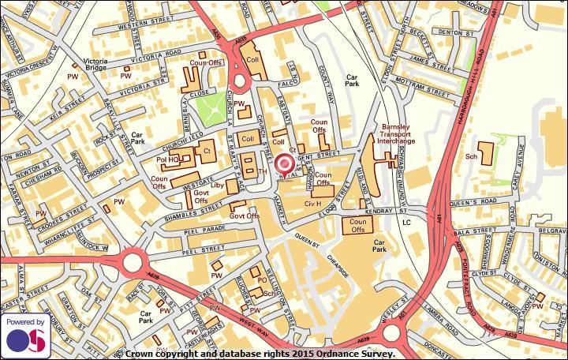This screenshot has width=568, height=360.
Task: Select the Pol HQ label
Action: pyautogui.click(x=167, y=159)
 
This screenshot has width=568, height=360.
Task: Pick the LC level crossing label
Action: pyautogui.click(x=407, y=223)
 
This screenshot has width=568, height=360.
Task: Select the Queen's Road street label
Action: pyautogui.click(x=471, y=202)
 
